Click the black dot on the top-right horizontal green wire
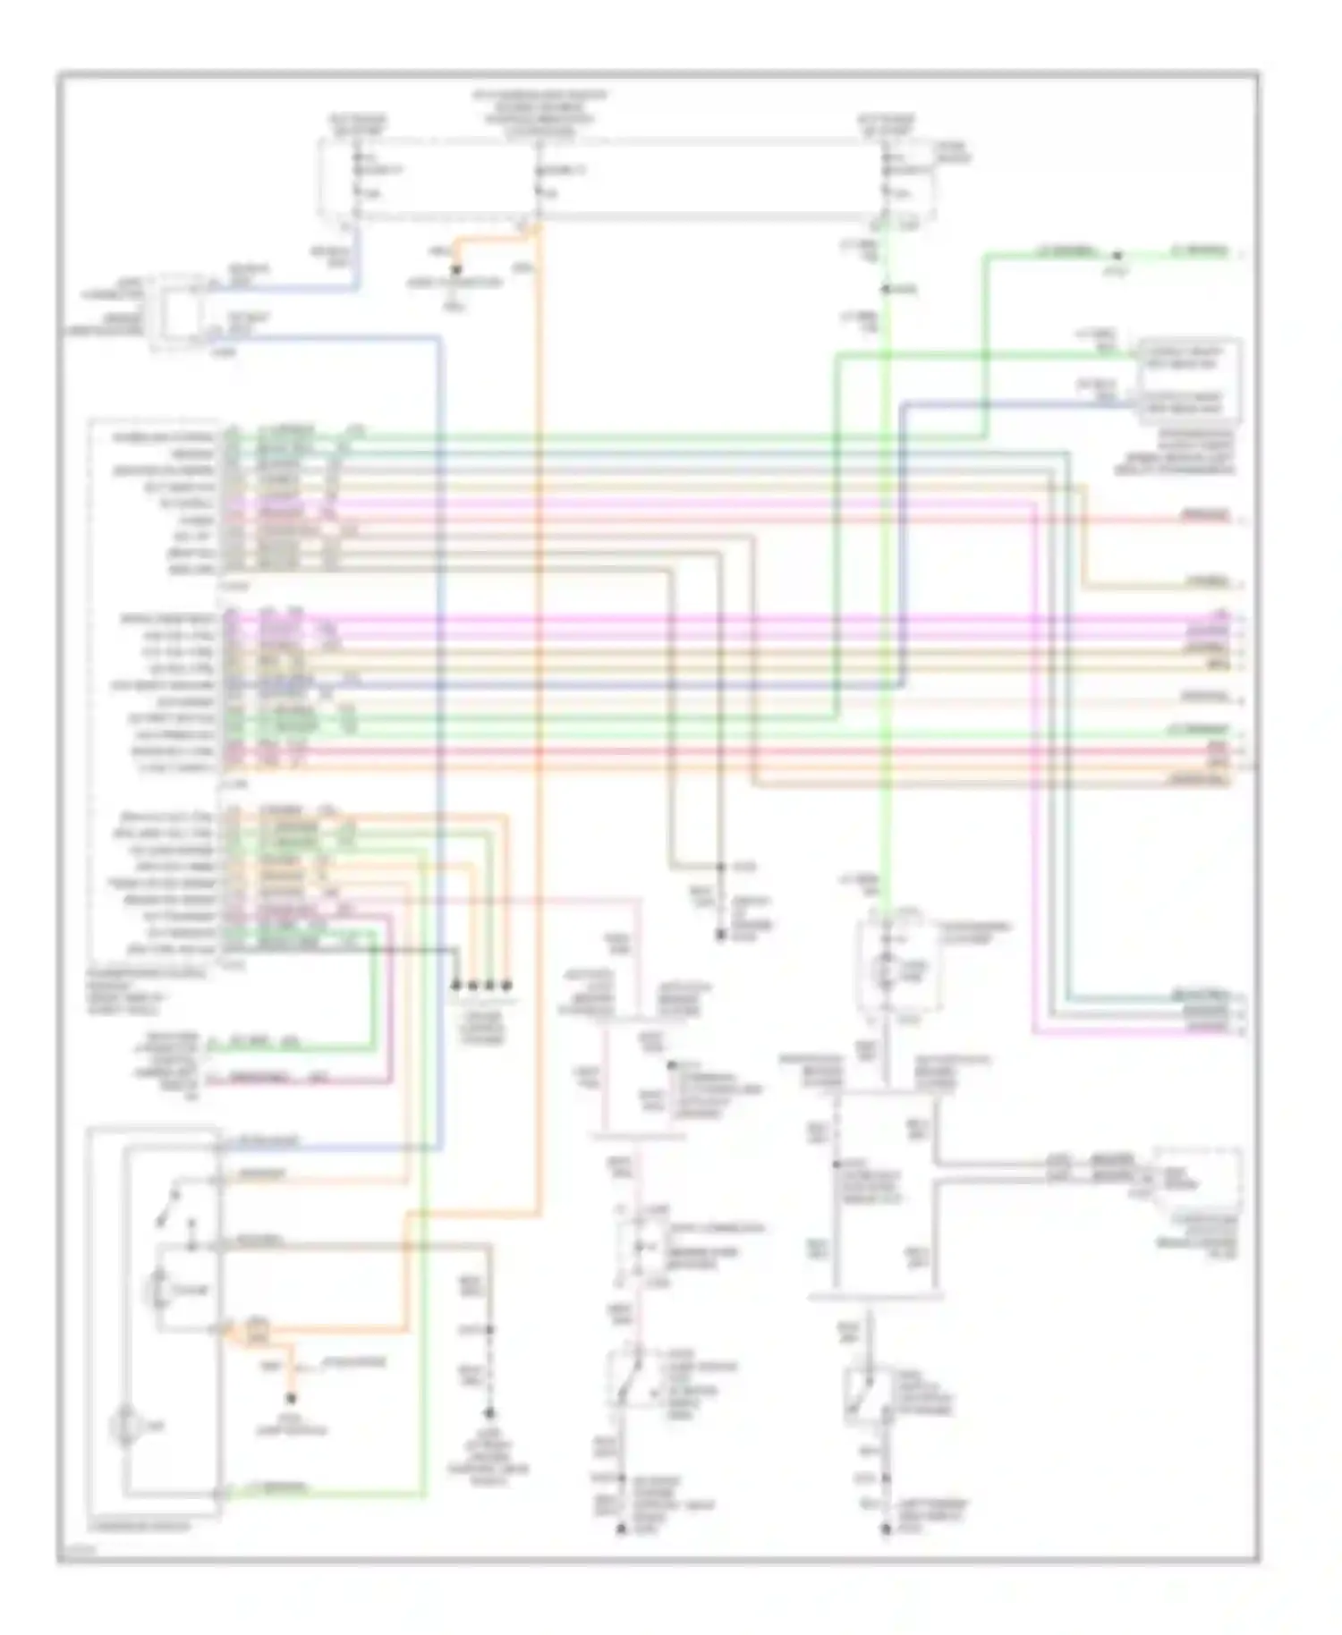click(1117, 256)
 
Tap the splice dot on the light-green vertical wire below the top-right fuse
click(884, 289)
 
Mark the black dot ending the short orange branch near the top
click(455, 268)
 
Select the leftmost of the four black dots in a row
click(455, 986)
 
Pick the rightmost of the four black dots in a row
click(506, 986)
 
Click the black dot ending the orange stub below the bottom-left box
click(292, 1398)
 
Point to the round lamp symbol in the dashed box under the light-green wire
click(887, 970)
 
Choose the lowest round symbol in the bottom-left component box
click(126, 1426)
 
